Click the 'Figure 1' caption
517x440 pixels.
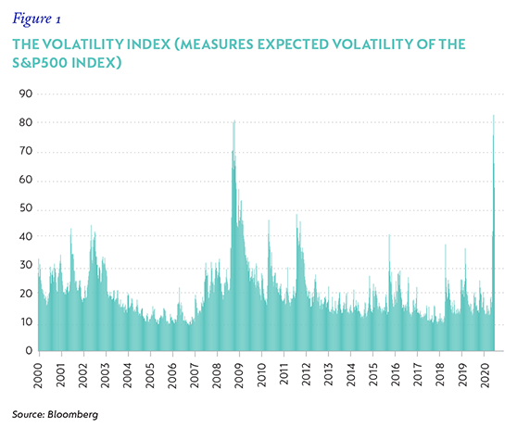tap(36, 19)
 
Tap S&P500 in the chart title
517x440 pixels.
tap(40, 63)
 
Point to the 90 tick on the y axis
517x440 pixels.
tap(26, 94)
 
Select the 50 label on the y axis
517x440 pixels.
tap(26, 208)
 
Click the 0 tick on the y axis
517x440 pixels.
tap(29, 351)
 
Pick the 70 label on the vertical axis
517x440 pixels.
tap(26, 151)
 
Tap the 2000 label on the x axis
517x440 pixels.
tap(39, 376)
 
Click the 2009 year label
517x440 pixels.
tap(239, 376)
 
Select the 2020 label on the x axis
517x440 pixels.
tap(484, 376)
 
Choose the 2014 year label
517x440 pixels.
tap(350, 375)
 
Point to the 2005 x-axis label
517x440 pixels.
tap(150, 376)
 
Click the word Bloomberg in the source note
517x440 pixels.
tap(73, 414)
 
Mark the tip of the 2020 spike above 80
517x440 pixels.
tap(494, 115)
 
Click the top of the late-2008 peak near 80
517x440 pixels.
tap(234, 120)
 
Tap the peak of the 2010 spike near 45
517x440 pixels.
tap(269, 220)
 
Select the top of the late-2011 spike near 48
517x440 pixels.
tap(296, 215)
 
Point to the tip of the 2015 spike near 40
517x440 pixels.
tap(389, 234)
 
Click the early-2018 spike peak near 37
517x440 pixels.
tap(446, 245)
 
